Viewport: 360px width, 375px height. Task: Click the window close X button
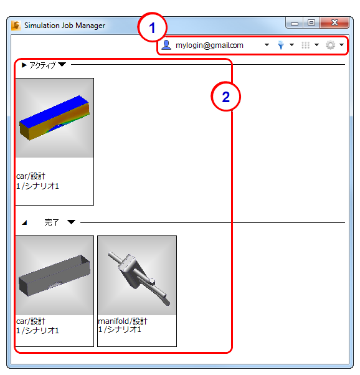click(x=334, y=22)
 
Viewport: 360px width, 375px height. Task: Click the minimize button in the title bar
click(x=295, y=23)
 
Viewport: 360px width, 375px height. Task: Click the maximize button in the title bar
click(x=311, y=22)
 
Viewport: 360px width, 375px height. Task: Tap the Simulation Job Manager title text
click(x=65, y=26)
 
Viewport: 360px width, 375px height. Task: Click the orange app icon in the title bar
click(x=16, y=26)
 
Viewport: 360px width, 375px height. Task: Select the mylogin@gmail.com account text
click(x=209, y=45)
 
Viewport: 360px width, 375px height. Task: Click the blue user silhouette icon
click(x=166, y=45)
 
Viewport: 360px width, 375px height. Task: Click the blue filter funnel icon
click(x=281, y=45)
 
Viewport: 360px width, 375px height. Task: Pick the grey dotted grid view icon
click(x=305, y=45)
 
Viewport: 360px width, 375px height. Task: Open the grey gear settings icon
click(x=330, y=45)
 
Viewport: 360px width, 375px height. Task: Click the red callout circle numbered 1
click(x=152, y=27)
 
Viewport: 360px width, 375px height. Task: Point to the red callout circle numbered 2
click(x=225, y=97)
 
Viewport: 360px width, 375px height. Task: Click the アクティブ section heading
click(x=42, y=65)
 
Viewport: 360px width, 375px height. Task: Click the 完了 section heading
click(x=52, y=222)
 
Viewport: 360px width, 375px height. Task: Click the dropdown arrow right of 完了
click(x=71, y=222)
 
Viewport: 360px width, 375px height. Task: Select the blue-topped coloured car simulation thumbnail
click(x=55, y=118)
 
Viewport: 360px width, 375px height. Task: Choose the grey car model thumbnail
click(x=55, y=275)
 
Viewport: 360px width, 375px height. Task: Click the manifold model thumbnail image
click(x=137, y=275)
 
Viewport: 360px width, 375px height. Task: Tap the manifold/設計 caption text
click(x=123, y=321)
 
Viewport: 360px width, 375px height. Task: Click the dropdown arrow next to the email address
click(x=267, y=45)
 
